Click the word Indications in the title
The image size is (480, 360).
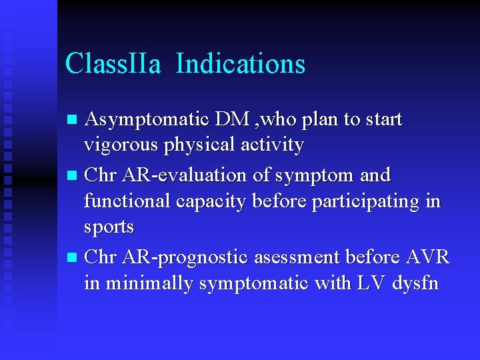point(241,64)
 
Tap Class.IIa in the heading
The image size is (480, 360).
point(113,64)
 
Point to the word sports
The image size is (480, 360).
point(109,227)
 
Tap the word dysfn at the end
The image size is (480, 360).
point(415,283)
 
